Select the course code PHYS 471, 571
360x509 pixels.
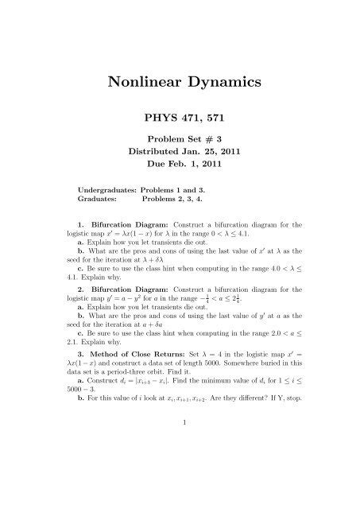(180, 116)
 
